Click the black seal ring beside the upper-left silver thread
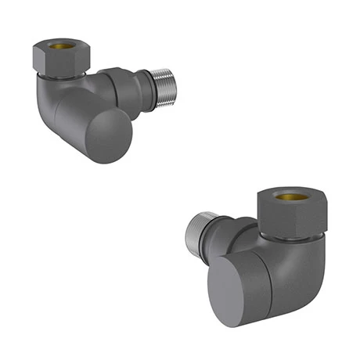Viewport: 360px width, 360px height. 146,81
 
